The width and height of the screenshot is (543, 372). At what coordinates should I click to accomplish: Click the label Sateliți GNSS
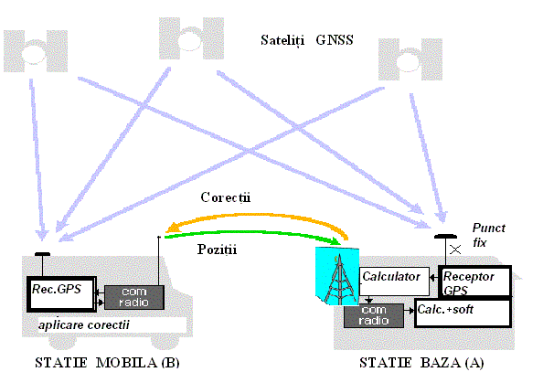pyautogui.click(x=307, y=40)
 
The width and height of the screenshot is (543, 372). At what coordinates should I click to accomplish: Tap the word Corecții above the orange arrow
pyautogui.click(x=226, y=197)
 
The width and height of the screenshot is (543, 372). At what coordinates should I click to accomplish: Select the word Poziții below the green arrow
pyautogui.click(x=218, y=250)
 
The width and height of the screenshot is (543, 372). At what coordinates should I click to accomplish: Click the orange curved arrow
pyautogui.click(x=256, y=217)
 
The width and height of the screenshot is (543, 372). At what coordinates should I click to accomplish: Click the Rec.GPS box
pyautogui.click(x=61, y=294)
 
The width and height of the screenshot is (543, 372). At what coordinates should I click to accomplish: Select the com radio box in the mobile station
pyautogui.click(x=134, y=298)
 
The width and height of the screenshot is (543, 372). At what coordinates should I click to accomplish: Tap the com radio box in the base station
pyautogui.click(x=374, y=315)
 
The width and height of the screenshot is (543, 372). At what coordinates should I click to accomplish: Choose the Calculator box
pyautogui.click(x=394, y=282)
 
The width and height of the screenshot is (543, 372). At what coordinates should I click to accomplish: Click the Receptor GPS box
pyautogui.click(x=474, y=282)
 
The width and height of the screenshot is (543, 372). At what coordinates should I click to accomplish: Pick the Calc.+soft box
pyautogui.click(x=463, y=314)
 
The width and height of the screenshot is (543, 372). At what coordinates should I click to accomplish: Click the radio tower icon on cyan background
pyautogui.click(x=337, y=276)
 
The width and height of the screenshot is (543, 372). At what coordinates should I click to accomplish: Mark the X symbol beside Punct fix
pyautogui.click(x=455, y=250)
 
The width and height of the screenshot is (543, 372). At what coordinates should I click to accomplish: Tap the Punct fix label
pyautogui.click(x=489, y=235)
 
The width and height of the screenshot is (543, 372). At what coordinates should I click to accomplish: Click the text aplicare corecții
pyautogui.click(x=84, y=324)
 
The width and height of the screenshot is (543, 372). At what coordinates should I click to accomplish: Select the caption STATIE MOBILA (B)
pyautogui.click(x=107, y=362)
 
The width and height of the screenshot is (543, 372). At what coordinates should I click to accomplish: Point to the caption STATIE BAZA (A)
pyautogui.click(x=421, y=362)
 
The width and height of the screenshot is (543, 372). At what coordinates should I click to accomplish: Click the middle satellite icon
pyautogui.click(x=191, y=38)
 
